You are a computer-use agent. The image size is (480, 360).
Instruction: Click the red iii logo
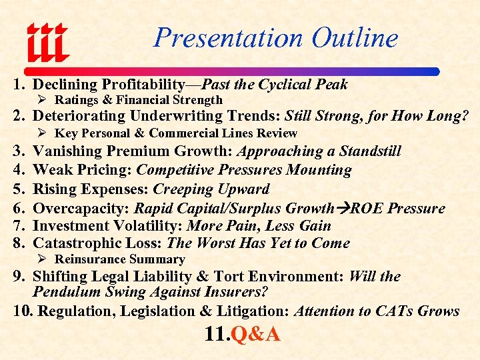[47, 41]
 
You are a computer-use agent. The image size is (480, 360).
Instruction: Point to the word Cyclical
[287, 84]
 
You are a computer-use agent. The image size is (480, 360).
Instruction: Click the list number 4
[19, 170]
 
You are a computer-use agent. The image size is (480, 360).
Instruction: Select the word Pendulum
[64, 292]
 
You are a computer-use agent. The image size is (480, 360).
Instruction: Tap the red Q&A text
[255, 333]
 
